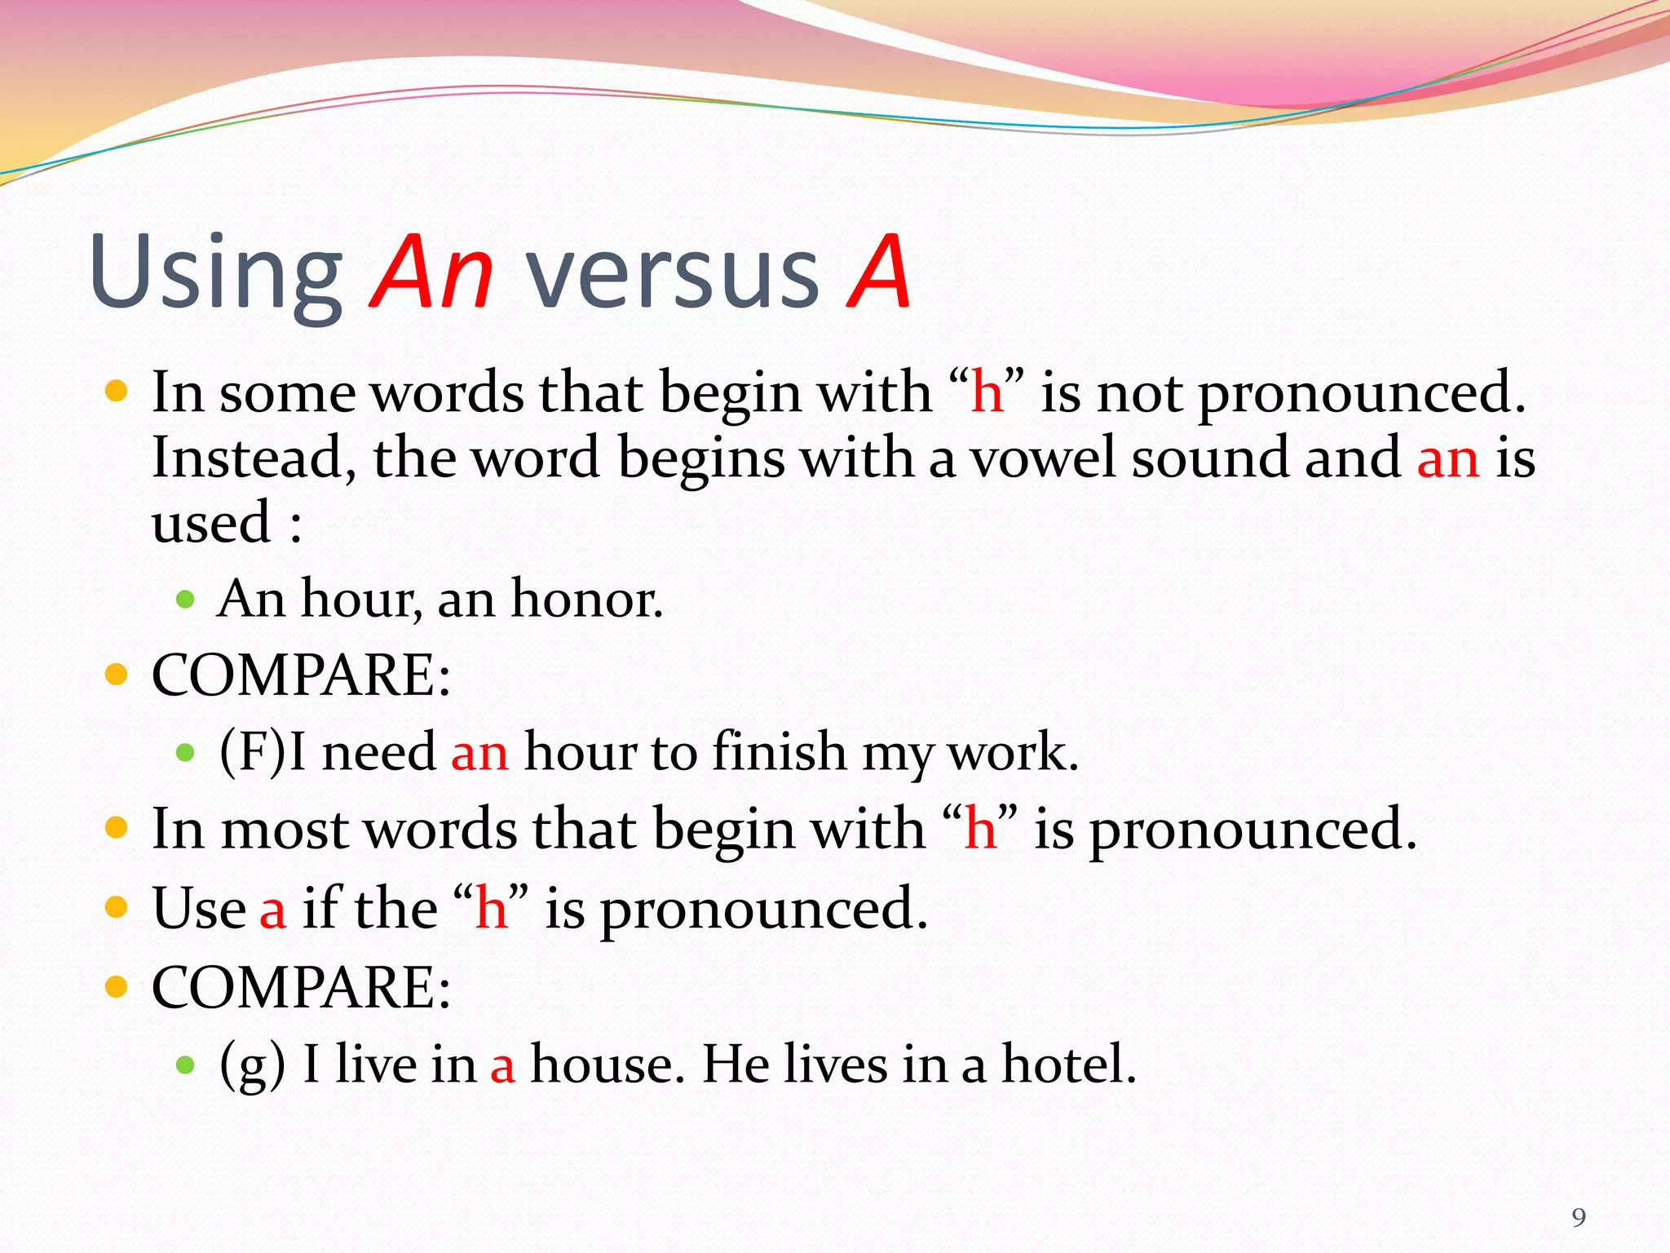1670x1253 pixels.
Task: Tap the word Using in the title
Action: (x=216, y=273)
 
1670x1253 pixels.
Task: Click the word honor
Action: (x=586, y=600)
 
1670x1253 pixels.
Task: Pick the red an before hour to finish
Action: (x=479, y=752)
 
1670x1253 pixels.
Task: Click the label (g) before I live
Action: (x=253, y=1065)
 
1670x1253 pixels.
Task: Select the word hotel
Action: (x=1068, y=1064)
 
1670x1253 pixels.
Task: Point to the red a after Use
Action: (x=273, y=910)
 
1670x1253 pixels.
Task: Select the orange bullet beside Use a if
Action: (x=117, y=907)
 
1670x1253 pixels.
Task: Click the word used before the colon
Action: (x=211, y=524)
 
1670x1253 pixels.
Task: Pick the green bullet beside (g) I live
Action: (x=186, y=1065)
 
